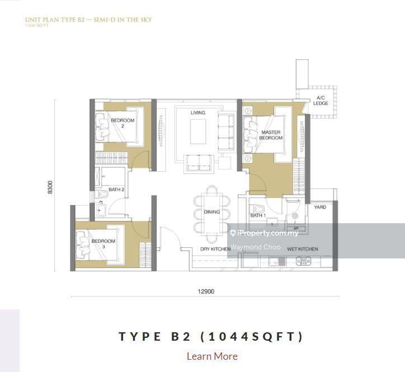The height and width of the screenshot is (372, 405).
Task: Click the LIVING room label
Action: tap(197, 113)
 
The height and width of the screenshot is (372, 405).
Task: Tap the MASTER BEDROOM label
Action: tap(271, 135)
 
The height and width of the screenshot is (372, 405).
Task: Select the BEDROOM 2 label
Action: tap(123, 123)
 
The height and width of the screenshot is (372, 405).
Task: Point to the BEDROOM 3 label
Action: tap(103, 244)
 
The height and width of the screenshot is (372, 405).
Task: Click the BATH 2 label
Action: tap(116, 190)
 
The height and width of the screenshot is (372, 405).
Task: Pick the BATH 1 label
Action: tap(258, 215)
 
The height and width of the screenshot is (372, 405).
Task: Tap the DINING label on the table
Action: tap(211, 212)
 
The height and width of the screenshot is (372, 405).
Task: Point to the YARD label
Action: tap(320, 207)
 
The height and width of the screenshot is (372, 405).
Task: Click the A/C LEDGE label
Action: tap(321, 100)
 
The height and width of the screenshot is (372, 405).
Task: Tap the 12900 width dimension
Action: tap(205, 291)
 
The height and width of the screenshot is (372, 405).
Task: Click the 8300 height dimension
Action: tap(50, 187)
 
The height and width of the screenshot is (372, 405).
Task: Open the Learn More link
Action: tap(212, 356)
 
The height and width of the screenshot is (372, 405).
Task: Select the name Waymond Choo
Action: tap(256, 247)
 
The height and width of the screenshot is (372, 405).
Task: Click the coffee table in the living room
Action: tap(197, 131)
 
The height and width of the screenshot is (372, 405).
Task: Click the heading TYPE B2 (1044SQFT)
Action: tap(211, 336)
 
